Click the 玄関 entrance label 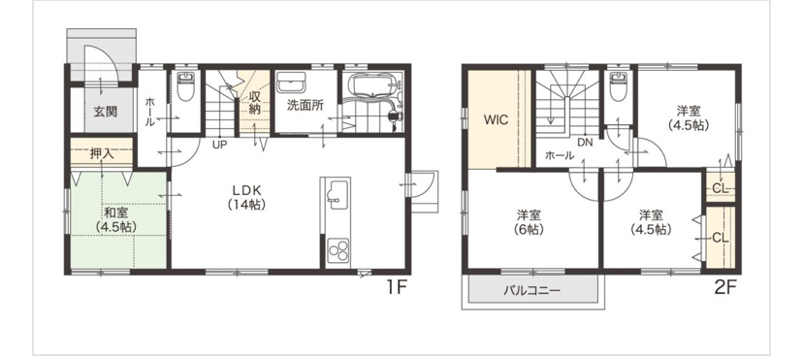[x=105, y=112]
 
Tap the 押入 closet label [x=102, y=153]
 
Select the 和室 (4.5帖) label [x=117, y=219]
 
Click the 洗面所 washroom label [x=305, y=106]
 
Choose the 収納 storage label [x=255, y=102]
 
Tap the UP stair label [x=220, y=145]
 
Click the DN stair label [x=585, y=143]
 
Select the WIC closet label [x=497, y=120]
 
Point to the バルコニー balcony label [x=531, y=291]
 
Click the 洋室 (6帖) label [x=529, y=222]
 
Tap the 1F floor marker [x=396, y=287]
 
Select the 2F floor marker [x=724, y=287]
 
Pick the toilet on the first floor [x=184, y=86]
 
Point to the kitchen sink [x=337, y=194]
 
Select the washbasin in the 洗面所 [x=291, y=82]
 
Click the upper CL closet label [x=720, y=188]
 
